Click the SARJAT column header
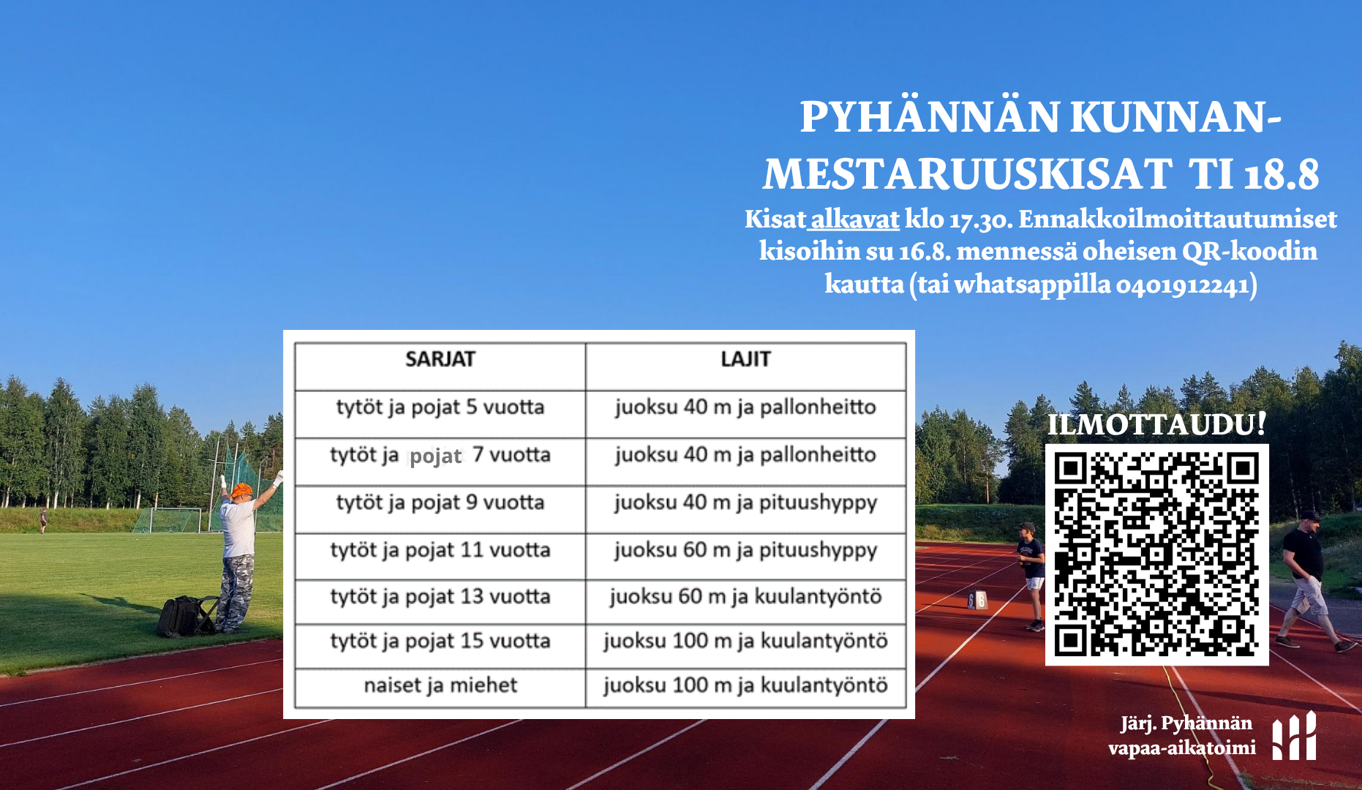[440, 359]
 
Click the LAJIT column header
[745, 359]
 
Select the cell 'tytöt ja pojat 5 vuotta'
[440, 407]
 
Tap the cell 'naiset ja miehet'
[440, 685]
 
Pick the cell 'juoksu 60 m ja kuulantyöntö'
[745, 597]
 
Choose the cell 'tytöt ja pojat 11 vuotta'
[440, 550]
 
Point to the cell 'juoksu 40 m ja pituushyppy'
[745, 503]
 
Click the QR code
[1156, 554]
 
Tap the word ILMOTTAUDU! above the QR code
[1156, 424]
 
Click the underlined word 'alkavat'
[855, 219]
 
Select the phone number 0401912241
[1183, 284]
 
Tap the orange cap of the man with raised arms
[241, 490]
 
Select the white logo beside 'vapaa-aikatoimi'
[1294, 735]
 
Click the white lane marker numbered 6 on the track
[977, 600]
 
